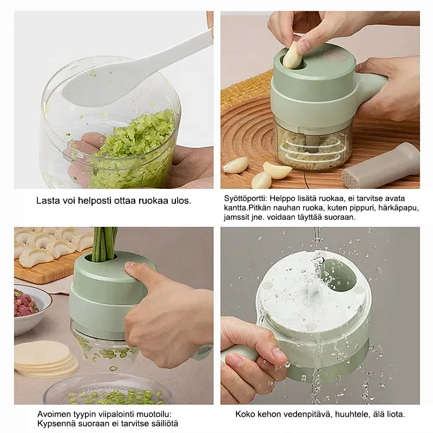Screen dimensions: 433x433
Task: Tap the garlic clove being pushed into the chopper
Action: [293, 55]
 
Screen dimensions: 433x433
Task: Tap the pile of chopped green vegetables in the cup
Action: [133, 149]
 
